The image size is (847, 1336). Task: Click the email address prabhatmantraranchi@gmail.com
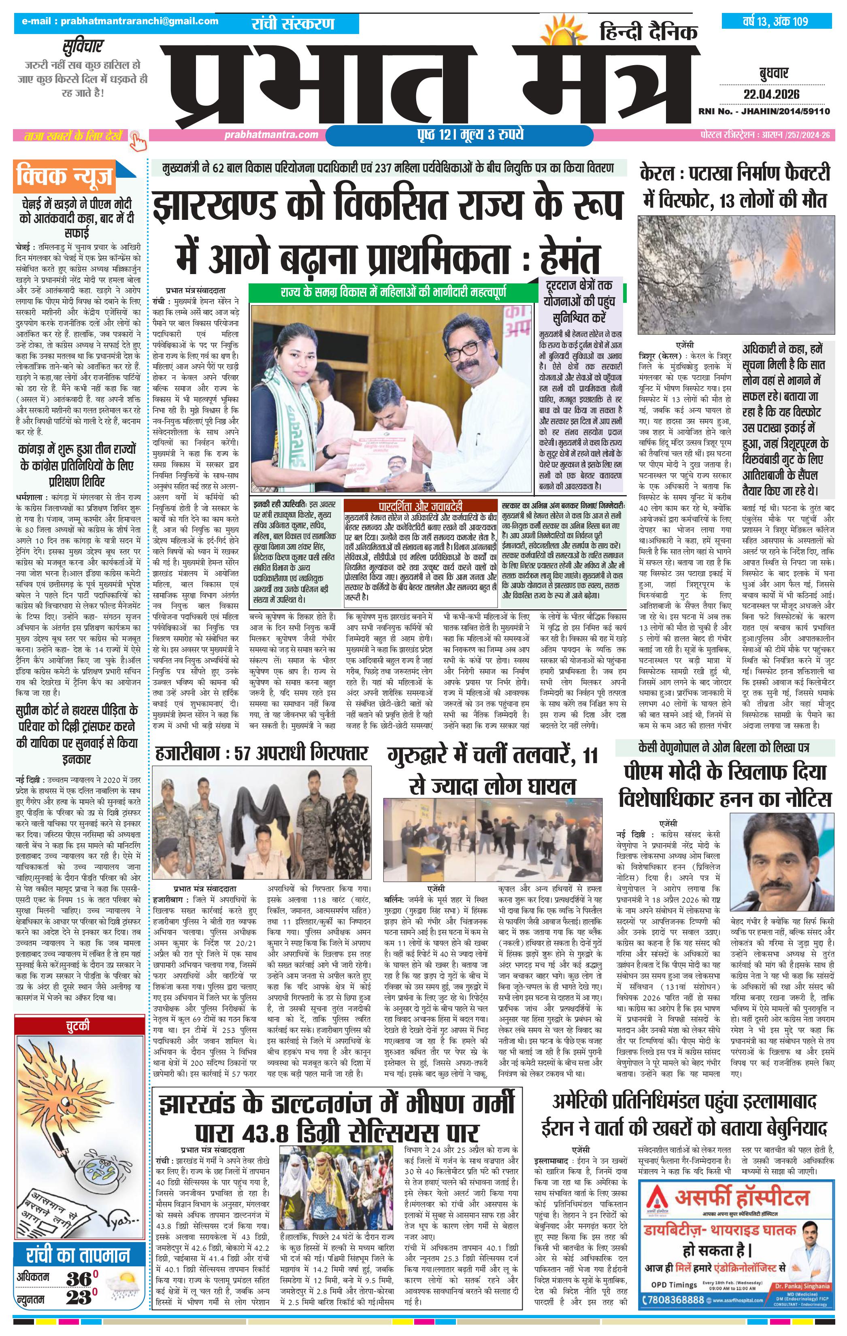[x=120, y=21]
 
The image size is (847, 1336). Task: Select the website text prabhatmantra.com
[x=272, y=135]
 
